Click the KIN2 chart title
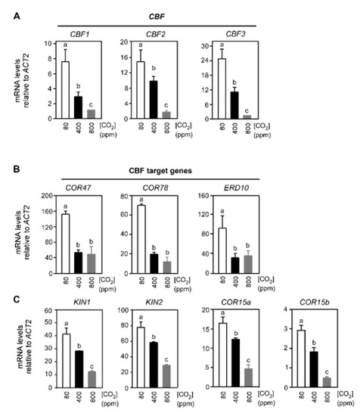145,310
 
